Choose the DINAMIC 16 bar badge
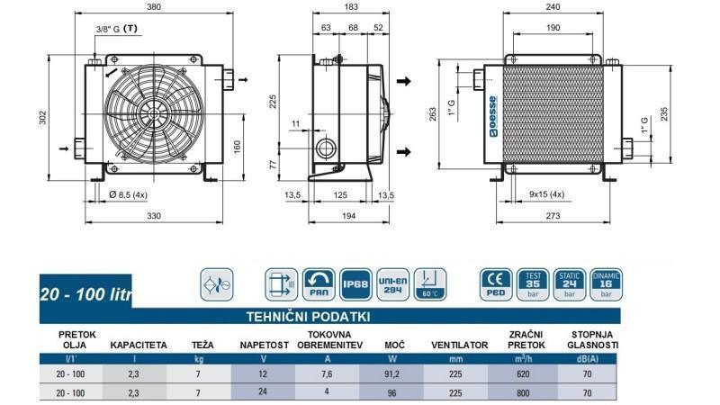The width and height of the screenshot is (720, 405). [606, 283]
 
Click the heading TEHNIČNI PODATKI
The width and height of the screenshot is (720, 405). [309, 317]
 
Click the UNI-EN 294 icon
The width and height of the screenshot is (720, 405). [392, 284]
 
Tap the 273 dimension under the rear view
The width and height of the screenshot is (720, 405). [553, 217]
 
